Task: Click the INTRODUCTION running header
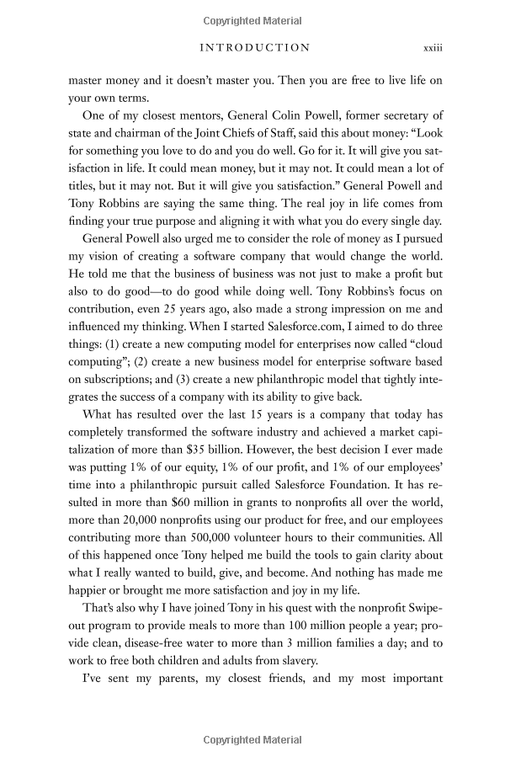[254, 47]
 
